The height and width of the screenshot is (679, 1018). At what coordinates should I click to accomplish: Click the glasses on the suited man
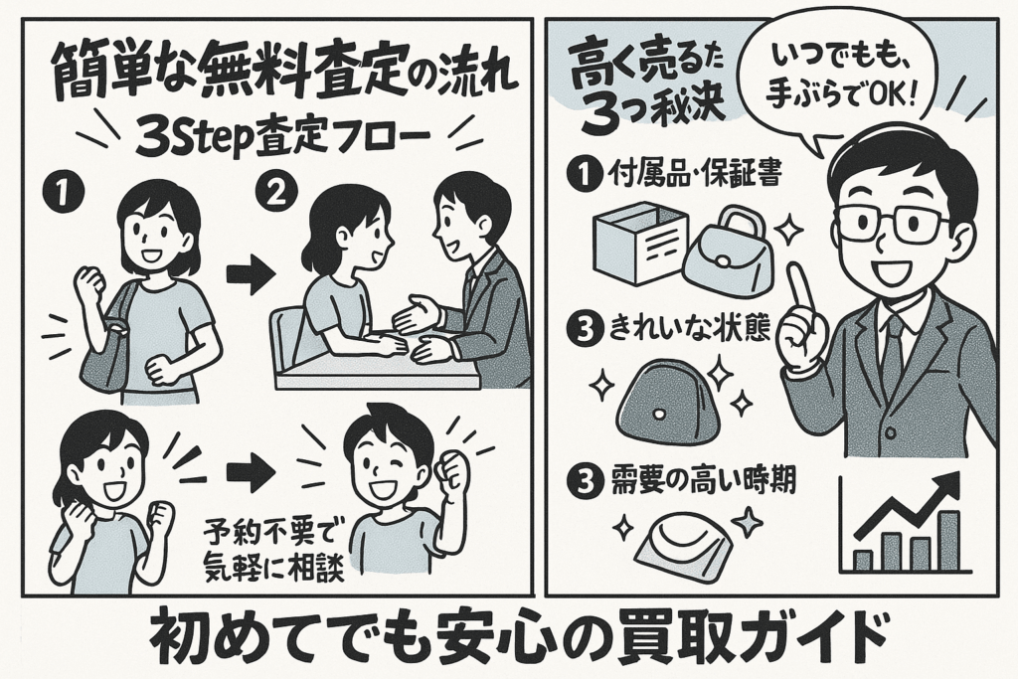(891, 222)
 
